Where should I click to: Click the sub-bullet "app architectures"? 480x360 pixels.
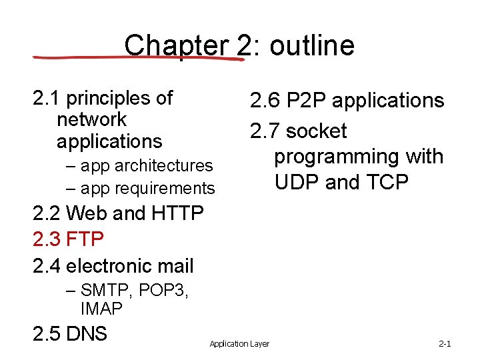146,165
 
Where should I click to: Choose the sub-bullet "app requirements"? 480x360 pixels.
147,189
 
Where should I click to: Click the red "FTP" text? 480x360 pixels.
85,239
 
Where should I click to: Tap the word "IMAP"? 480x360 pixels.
101,309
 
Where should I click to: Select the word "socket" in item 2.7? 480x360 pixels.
316,131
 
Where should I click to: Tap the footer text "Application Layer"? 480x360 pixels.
239,344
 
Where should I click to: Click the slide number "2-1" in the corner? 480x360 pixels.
445,344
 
